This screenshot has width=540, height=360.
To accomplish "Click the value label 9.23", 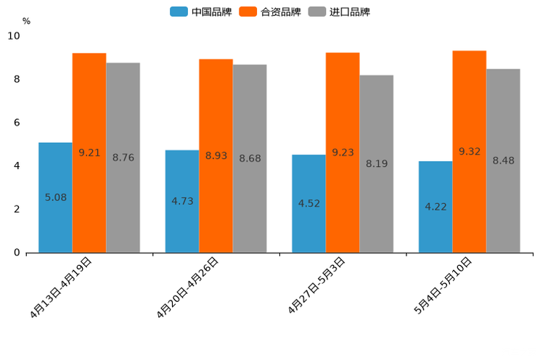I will point(343,152).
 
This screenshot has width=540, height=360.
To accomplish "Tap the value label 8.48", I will point(503,161).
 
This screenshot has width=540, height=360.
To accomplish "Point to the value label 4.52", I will point(309,204).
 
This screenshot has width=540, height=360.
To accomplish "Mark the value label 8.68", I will point(250,159).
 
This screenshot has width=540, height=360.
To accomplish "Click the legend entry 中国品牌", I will point(201,12).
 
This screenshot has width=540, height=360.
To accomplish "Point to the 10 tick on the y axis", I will point(14,36).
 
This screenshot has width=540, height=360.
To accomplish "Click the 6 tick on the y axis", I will point(17,123).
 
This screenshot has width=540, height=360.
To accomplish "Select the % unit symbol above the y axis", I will point(26,21).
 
